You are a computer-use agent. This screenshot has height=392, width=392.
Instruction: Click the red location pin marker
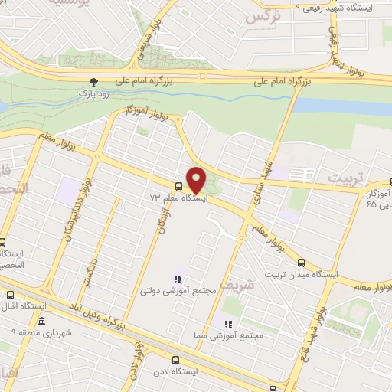pos(197,179)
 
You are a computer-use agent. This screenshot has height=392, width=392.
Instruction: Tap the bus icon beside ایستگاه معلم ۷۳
pos(178,186)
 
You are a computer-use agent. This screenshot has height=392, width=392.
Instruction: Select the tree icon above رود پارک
pos(93,80)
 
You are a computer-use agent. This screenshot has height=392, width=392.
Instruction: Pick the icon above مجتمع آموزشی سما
pos(227,322)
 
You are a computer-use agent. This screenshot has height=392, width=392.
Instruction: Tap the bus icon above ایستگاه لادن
pos(175,358)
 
